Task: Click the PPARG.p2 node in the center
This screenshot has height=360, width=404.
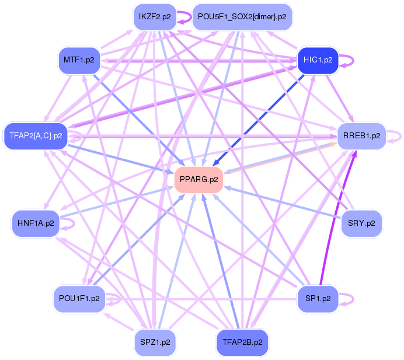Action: pyautogui.click(x=200, y=179)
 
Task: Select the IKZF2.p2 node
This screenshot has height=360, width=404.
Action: pyautogui.click(x=155, y=17)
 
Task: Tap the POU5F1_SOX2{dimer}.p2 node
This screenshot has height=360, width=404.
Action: pyautogui.click(x=242, y=17)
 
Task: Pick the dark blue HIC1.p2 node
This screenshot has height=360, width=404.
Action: pyautogui.click(x=318, y=60)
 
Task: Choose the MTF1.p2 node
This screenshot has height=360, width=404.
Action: pyautogui.click(x=80, y=60)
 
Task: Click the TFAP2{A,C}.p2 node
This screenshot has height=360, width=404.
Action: pyautogui.click(x=36, y=136)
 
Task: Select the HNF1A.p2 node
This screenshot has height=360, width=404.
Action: pyautogui.click(x=36, y=223)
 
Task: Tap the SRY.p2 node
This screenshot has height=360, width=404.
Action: pyautogui.click(x=361, y=223)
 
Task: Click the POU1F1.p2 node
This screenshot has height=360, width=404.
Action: pyautogui.click(x=79, y=298)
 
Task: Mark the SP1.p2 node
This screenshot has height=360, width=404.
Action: pyautogui.click(x=318, y=298)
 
